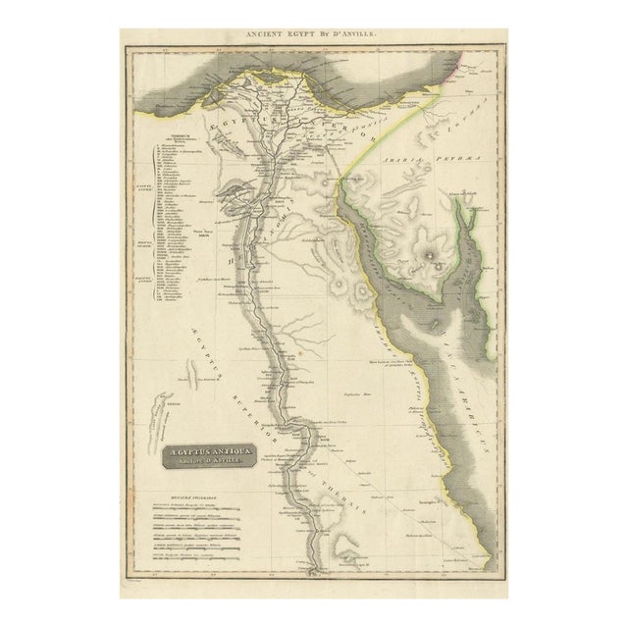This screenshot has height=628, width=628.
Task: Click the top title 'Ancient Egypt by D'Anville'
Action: pyautogui.click(x=313, y=34)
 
